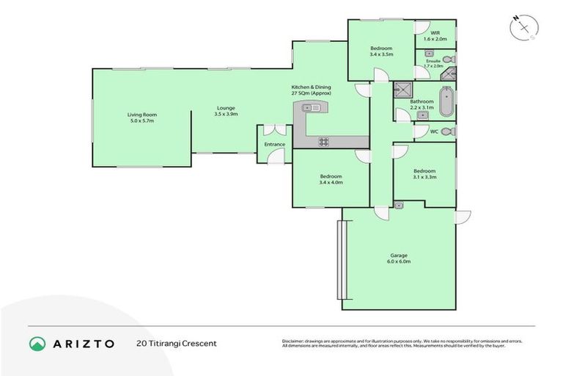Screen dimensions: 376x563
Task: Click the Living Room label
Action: point(141,117)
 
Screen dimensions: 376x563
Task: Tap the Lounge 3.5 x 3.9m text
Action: point(226,111)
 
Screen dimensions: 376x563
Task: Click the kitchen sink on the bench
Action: point(312,108)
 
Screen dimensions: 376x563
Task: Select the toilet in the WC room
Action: point(447,131)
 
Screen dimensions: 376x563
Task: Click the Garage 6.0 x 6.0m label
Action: point(399,258)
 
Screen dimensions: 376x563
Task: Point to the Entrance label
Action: point(274,145)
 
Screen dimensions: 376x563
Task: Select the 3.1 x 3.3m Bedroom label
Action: point(424,173)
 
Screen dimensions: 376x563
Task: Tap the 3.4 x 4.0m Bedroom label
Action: point(330,178)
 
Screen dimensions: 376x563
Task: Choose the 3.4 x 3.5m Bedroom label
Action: point(381,51)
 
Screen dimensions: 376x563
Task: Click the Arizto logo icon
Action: point(37,343)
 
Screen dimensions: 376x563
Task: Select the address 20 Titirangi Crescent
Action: point(177,343)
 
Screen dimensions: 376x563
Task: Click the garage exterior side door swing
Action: point(462,217)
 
